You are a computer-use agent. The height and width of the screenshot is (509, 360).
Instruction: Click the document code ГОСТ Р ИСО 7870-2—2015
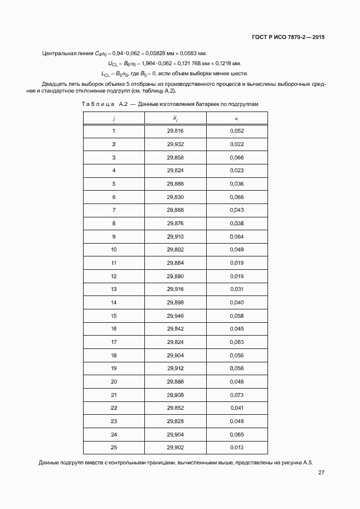(x=285, y=37)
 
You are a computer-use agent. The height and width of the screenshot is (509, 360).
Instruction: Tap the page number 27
(x=322, y=473)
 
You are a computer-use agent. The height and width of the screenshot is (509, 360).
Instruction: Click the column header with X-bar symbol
(x=175, y=118)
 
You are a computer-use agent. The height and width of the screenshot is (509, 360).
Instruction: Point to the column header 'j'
(x=114, y=118)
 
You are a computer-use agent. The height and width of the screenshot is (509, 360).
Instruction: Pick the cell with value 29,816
(x=175, y=131)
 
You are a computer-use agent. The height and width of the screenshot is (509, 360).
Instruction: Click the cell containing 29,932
(x=175, y=144)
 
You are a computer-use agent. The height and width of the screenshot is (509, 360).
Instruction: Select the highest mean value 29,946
(x=175, y=316)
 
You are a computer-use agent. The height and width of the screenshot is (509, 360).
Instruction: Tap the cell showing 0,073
(x=237, y=395)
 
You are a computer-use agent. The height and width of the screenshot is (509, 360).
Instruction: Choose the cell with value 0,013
(x=237, y=448)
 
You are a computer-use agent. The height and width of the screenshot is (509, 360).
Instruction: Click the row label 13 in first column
(x=114, y=289)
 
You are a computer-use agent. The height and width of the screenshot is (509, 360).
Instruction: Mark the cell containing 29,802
(x=175, y=250)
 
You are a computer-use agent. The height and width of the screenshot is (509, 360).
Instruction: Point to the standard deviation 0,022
(x=237, y=144)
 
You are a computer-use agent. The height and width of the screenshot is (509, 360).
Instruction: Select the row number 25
(x=114, y=448)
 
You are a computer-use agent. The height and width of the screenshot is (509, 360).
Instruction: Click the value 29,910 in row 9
(x=175, y=236)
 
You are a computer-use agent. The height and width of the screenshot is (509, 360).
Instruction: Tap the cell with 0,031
(x=237, y=289)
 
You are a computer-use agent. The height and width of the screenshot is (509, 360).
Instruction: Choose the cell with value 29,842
(x=175, y=329)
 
